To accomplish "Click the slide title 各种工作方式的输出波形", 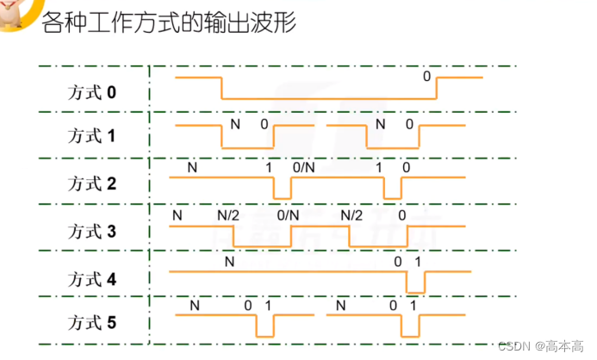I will click(x=169, y=22).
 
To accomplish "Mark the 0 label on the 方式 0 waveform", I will click(x=426, y=76).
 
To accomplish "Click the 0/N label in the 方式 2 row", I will click(x=304, y=167).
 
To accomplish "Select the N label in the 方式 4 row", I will click(x=228, y=260).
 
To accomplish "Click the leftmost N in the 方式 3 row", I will click(x=177, y=214).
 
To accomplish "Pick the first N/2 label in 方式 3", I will click(x=227, y=214).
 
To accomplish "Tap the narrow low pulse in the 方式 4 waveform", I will click(x=415, y=282).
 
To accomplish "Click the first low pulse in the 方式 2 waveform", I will click(x=282, y=189).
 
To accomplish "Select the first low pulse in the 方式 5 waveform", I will click(x=264, y=326).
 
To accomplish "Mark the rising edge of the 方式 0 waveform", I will click(x=437, y=89).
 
